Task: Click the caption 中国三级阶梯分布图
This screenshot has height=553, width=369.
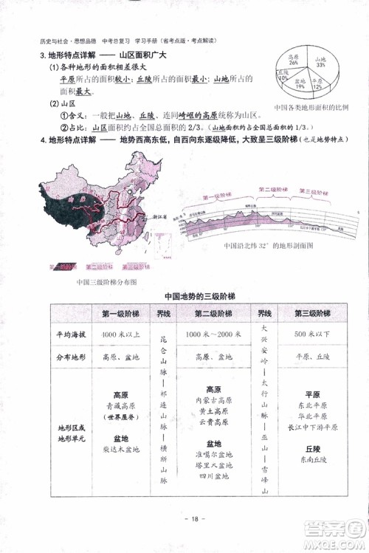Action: point(106,283)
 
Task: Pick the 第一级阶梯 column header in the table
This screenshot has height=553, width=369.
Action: point(120,313)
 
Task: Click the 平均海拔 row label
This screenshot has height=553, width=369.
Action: point(71,335)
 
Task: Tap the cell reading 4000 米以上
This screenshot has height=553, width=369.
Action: point(120,335)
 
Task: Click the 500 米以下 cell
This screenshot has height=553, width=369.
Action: point(311,335)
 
